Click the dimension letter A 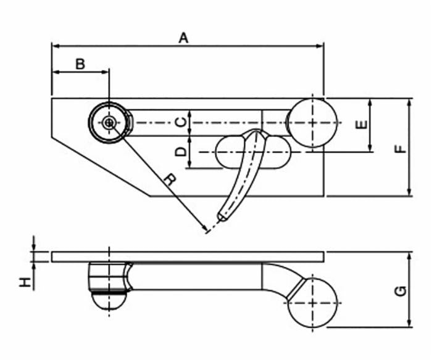[183, 38]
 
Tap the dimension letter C [180, 121]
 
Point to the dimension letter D [180, 151]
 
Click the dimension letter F [402, 148]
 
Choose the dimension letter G [402, 290]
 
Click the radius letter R [170, 179]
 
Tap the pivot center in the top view [109, 123]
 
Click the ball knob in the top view [312, 123]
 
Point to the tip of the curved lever [220, 218]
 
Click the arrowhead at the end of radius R [206, 230]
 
